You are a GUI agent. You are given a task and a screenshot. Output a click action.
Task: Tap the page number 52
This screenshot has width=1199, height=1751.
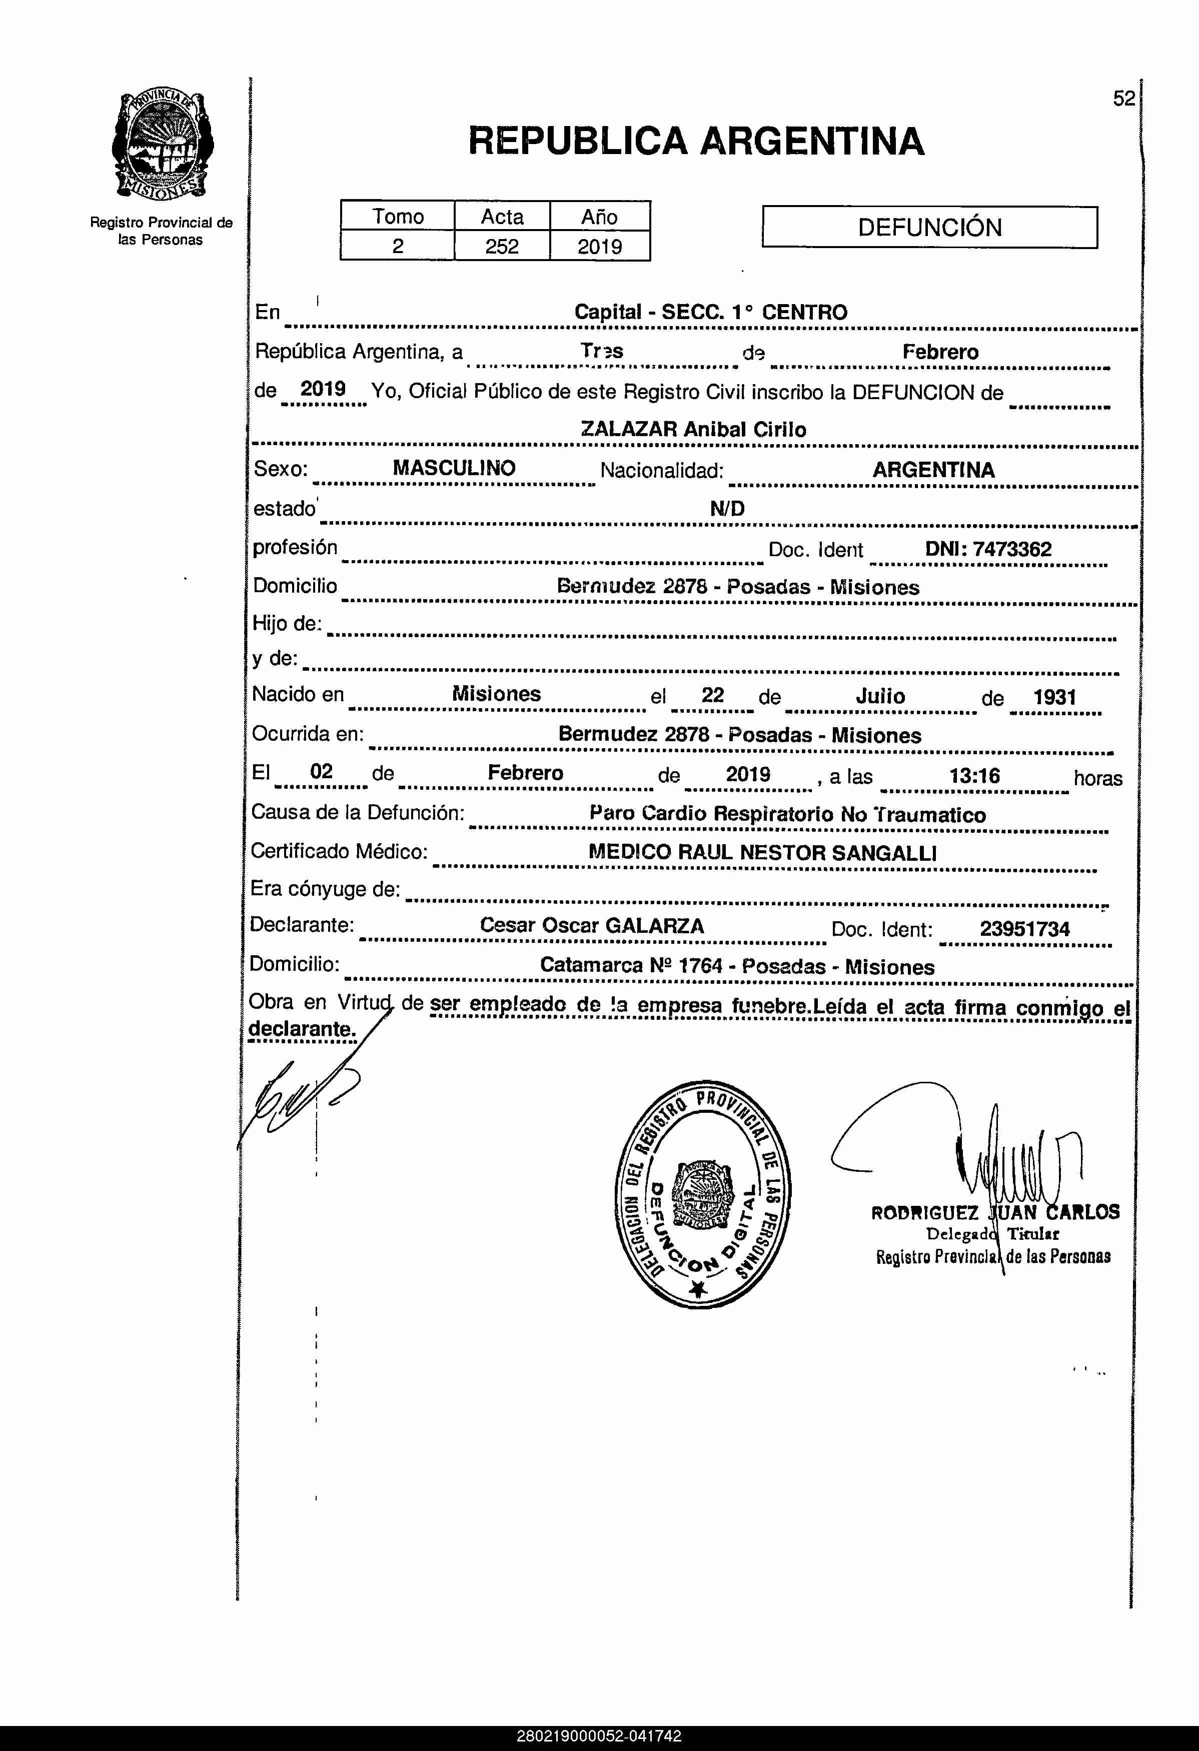(x=1123, y=99)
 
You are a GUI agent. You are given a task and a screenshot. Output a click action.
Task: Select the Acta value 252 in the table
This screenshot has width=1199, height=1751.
(x=502, y=247)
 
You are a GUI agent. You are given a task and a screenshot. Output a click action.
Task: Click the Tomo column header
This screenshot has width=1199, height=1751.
(x=398, y=216)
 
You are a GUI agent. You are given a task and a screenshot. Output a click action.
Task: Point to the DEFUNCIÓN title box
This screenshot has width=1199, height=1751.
(x=929, y=227)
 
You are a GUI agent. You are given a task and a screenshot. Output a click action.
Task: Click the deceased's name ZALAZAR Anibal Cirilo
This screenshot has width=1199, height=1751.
(x=693, y=430)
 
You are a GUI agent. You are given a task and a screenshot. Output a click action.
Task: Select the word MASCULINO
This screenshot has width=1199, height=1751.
(x=454, y=468)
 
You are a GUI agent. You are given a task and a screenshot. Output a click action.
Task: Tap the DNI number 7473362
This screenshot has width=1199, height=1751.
(x=1012, y=549)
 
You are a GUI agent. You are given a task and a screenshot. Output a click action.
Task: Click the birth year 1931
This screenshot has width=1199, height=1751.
(x=1054, y=697)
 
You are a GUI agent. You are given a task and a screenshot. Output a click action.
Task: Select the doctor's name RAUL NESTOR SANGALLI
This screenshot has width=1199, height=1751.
(x=807, y=853)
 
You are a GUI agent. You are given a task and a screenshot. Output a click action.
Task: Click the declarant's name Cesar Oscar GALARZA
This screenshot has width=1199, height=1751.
(x=592, y=926)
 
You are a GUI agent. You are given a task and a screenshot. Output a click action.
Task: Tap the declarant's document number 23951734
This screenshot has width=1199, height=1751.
(x=1024, y=929)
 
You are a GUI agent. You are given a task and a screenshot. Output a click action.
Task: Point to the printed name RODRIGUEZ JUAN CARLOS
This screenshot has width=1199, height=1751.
(x=995, y=1212)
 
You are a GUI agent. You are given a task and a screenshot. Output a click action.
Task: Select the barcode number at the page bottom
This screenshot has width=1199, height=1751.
(x=599, y=1736)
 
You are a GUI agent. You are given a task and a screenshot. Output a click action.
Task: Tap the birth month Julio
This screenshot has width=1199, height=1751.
(x=880, y=696)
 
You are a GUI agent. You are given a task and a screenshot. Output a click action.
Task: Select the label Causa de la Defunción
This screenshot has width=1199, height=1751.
(x=357, y=812)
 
